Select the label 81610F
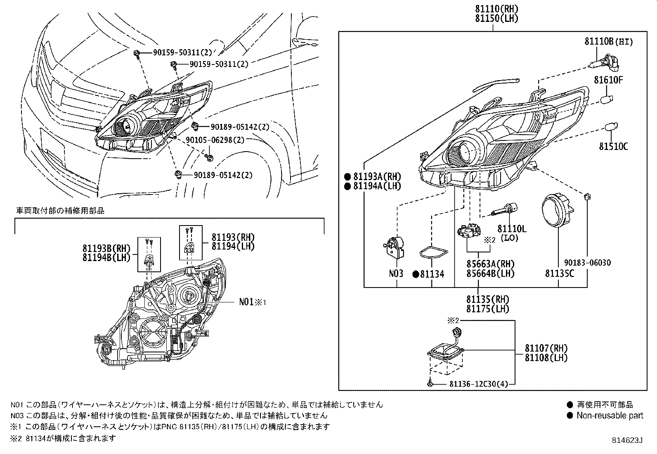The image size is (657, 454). [x=608, y=80]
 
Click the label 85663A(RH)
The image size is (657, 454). [x=490, y=264]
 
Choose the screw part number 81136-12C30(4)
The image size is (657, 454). [x=478, y=384]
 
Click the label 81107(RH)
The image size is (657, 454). [x=546, y=348]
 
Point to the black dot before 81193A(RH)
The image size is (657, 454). [x=347, y=176]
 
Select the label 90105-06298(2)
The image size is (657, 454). [x=215, y=140]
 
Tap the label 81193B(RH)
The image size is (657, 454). [x=106, y=249]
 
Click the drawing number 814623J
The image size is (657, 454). [x=627, y=441]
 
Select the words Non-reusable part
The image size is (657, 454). [x=610, y=416]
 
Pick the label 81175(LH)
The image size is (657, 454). [x=488, y=309]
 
